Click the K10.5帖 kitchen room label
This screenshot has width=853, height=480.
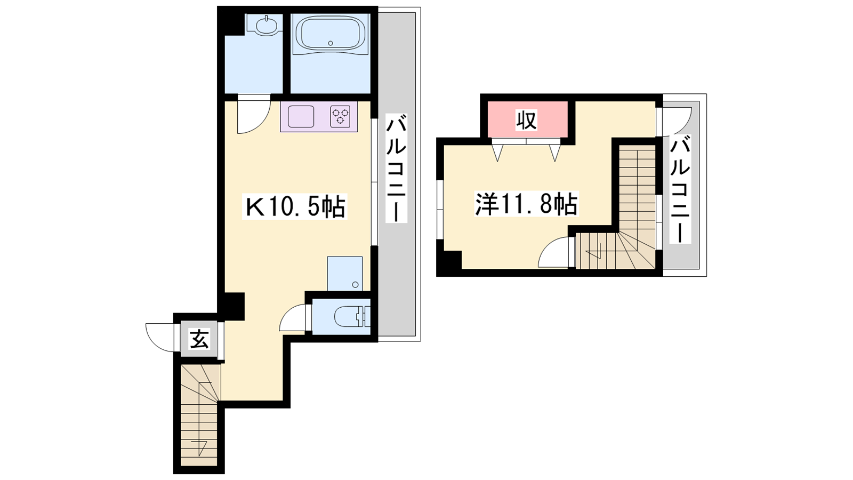click(294, 207)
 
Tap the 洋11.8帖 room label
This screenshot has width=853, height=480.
click(526, 204)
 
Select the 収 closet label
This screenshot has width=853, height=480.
click(526, 120)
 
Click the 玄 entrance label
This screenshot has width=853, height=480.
click(199, 339)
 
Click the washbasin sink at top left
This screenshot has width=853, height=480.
click(267, 26)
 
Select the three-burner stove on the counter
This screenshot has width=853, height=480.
click(340, 116)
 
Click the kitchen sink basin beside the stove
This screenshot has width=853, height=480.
click(301, 116)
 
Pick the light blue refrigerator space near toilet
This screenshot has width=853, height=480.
click(344, 274)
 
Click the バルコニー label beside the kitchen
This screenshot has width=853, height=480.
click(396, 167)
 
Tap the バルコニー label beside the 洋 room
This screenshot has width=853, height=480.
click(680, 189)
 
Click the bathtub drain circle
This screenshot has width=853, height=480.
click(330, 43)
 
